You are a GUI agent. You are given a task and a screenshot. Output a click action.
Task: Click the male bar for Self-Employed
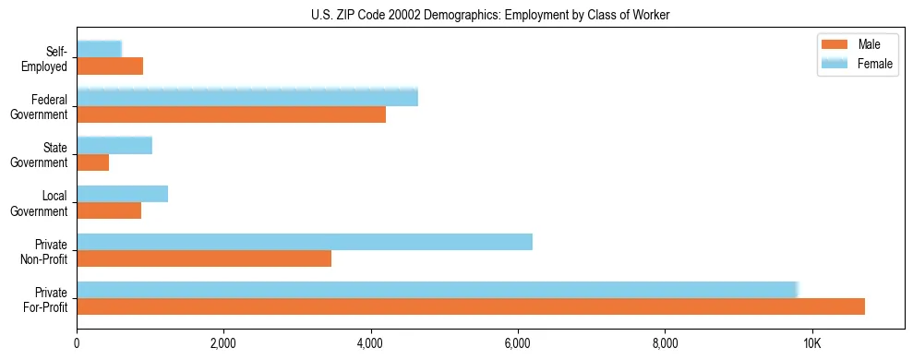pyautogui.click(x=110, y=66)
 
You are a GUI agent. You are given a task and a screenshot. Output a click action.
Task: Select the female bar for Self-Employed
pyautogui.click(x=99, y=49)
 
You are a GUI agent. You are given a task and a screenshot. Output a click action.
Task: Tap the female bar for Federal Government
pyautogui.click(x=247, y=97)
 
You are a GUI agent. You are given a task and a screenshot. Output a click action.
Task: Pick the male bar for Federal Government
pyautogui.click(x=231, y=114)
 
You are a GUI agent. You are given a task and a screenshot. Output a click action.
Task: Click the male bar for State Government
pyautogui.click(x=92, y=162)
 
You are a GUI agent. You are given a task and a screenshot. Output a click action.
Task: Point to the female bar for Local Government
pyautogui.click(x=122, y=193)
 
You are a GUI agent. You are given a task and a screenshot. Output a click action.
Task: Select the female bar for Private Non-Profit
pyautogui.click(x=305, y=242)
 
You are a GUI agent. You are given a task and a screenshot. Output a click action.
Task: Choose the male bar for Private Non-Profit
pyautogui.click(x=204, y=258)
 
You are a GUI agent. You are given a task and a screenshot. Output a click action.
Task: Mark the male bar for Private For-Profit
pyautogui.click(x=471, y=306)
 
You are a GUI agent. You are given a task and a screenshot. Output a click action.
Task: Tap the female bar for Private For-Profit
pyautogui.click(x=438, y=289)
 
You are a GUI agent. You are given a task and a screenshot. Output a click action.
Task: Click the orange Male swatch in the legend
pyautogui.click(x=835, y=45)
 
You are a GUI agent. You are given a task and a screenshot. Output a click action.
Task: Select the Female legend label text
pyautogui.click(x=875, y=63)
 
